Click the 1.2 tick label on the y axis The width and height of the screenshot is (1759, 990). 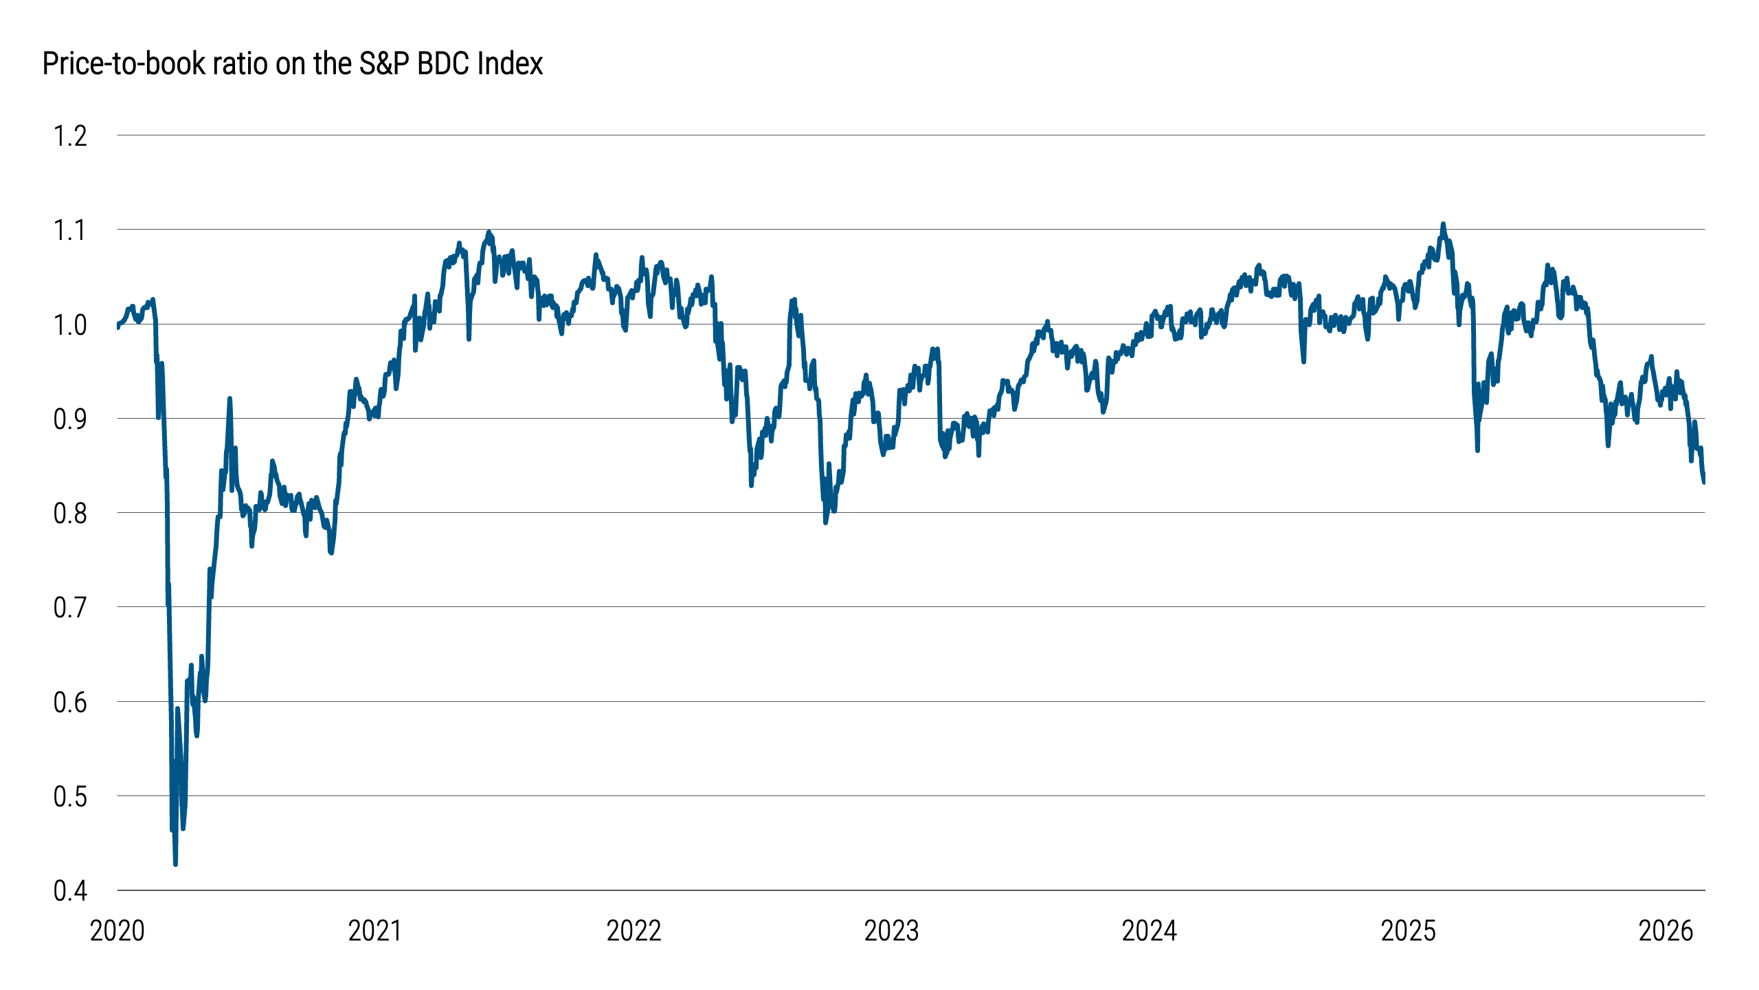point(70,136)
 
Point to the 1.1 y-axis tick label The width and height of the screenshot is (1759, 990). point(70,230)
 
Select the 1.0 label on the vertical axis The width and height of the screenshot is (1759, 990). point(70,325)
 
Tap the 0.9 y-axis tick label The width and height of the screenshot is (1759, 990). point(70,419)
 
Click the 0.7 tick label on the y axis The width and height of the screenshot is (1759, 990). point(70,608)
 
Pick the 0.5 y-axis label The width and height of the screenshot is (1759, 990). point(70,797)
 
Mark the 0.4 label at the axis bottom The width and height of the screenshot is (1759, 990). point(70,891)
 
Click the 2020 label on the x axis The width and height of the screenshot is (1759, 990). point(117,931)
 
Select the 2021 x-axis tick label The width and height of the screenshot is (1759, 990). point(375,931)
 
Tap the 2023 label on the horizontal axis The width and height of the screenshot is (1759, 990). point(891,931)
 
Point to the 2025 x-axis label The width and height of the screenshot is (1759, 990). point(1408,931)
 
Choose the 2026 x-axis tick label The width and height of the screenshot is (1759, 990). point(1666,931)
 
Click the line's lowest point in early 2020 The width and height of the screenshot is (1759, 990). point(176,863)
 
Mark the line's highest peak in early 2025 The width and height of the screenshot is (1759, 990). point(1443,224)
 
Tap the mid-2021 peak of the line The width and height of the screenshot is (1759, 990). point(489,232)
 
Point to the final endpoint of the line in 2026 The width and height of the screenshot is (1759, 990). point(1704,482)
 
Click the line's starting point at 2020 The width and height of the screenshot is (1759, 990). point(118,326)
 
